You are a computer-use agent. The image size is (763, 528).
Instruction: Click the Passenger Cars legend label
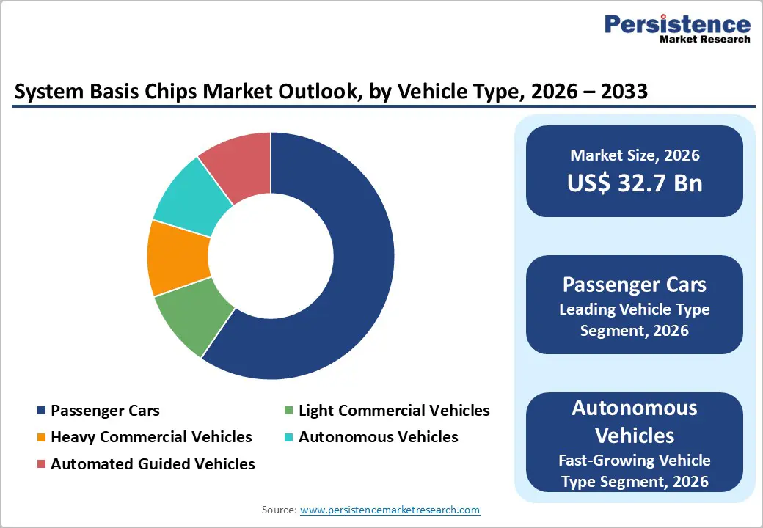point(105,411)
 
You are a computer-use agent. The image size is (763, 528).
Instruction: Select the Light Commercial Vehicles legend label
point(394,411)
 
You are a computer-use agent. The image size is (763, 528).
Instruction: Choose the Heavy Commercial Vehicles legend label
point(151,437)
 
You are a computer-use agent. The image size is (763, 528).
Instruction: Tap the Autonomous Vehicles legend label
point(379,437)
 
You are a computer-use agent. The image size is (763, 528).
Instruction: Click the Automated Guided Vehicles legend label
point(153,463)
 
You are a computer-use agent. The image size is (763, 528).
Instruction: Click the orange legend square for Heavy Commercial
point(42,438)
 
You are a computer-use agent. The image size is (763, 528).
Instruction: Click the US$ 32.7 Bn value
point(635,183)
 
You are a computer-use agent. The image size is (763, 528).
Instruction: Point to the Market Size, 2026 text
point(635,155)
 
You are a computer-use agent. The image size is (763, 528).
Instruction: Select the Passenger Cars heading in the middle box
point(635,285)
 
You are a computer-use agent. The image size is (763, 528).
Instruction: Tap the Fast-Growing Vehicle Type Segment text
point(635,471)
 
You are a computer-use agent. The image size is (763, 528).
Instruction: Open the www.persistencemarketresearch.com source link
point(390,510)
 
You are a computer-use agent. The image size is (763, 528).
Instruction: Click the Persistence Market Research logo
point(677,29)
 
